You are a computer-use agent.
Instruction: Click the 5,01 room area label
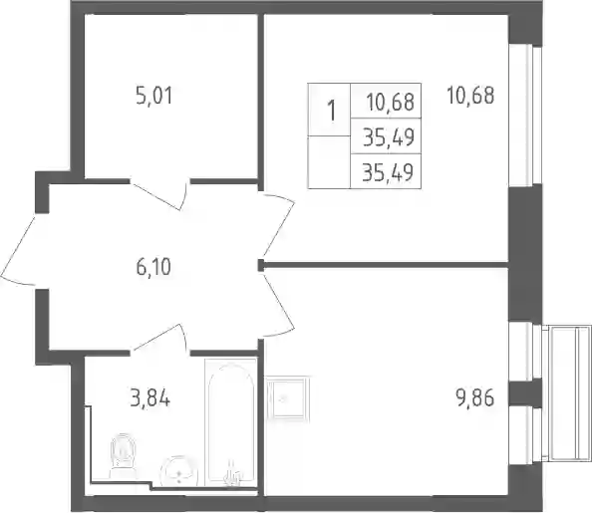(x=154, y=96)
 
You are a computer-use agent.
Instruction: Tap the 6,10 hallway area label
(x=153, y=267)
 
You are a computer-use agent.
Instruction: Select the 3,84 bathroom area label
(x=149, y=398)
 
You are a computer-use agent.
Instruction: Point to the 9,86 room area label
(x=475, y=398)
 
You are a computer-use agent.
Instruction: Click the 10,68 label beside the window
(x=470, y=95)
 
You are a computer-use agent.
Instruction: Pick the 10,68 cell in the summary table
(x=386, y=101)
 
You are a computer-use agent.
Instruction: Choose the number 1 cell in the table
(x=329, y=110)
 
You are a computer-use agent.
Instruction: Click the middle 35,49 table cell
(x=386, y=135)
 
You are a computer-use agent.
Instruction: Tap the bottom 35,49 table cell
(x=386, y=171)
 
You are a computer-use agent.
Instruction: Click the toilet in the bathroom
(x=123, y=457)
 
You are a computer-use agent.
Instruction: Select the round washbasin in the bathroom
(x=179, y=471)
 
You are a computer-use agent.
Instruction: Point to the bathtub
(x=230, y=422)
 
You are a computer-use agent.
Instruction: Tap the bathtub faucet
(x=232, y=474)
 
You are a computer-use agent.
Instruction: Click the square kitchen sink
(x=288, y=398)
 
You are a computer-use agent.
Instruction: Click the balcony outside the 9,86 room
(x=567, y=392)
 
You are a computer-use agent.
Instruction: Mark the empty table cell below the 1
(x=329, y=162)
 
